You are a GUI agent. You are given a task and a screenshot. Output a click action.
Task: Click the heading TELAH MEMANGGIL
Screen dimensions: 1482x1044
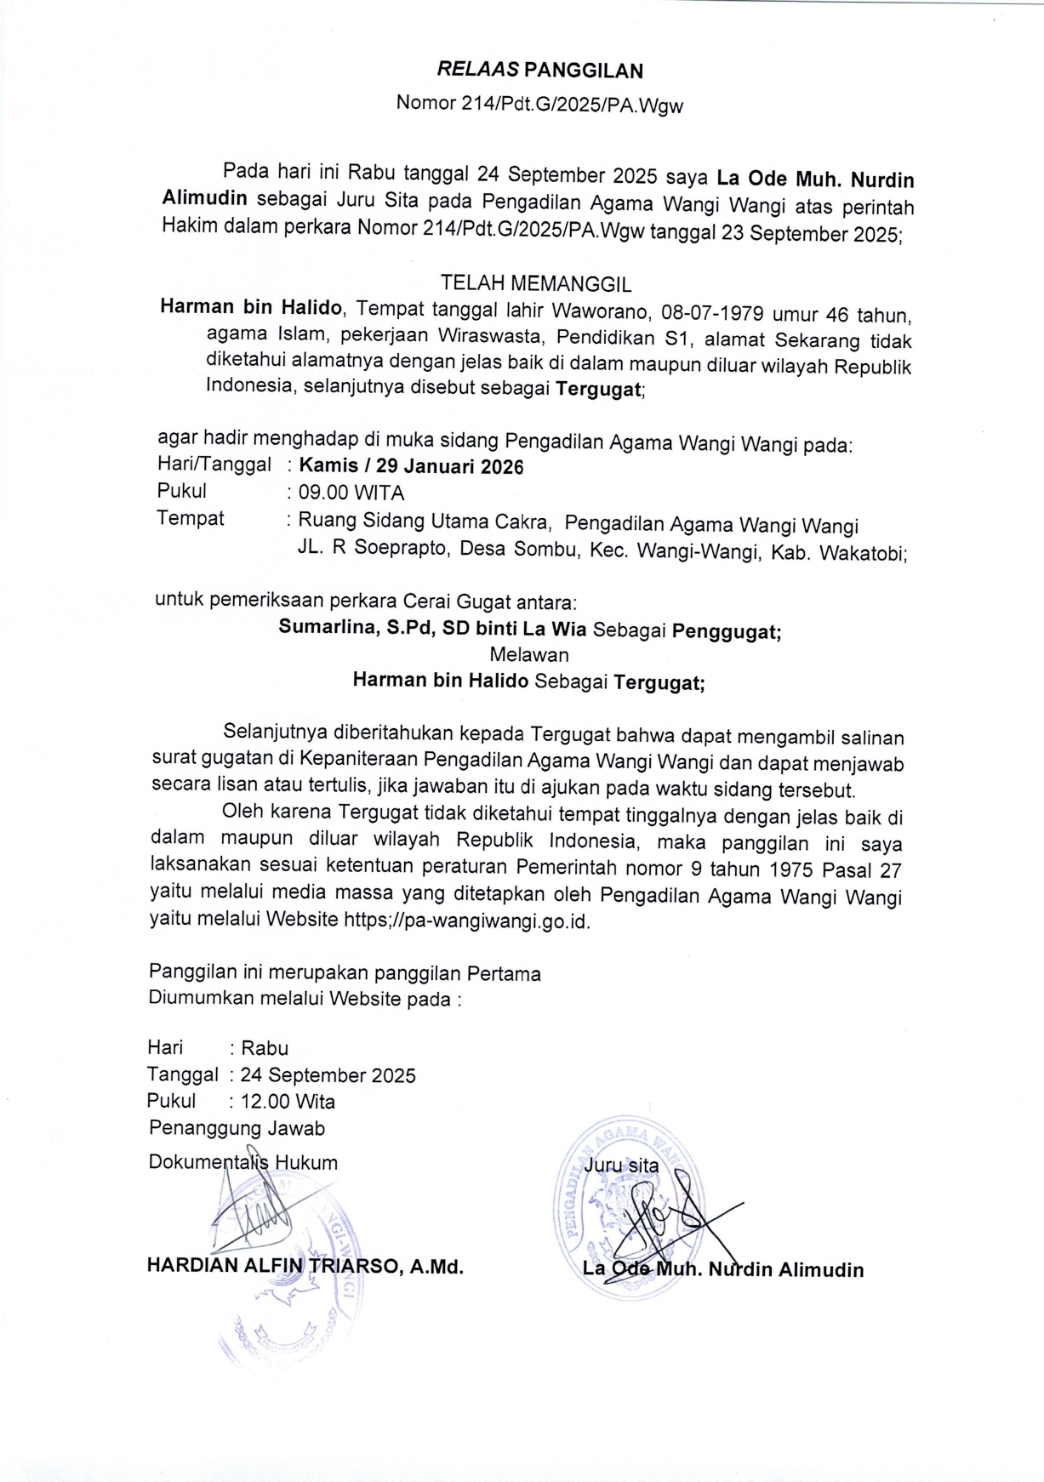(535, 283)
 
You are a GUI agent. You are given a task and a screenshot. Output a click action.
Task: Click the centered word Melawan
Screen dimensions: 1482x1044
(529, 655)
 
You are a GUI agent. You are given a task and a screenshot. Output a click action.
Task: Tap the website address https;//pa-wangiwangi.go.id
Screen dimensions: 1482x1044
(466, 921)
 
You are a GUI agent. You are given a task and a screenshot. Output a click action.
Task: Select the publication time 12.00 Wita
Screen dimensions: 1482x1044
(288, 1102)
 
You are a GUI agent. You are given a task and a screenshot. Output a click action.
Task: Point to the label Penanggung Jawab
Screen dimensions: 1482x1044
(237, 1129)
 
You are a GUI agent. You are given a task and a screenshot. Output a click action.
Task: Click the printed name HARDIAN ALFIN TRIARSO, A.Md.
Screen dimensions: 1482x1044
(305, 1266)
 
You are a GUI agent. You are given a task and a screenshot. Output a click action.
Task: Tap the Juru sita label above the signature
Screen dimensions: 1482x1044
(621, 1166)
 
